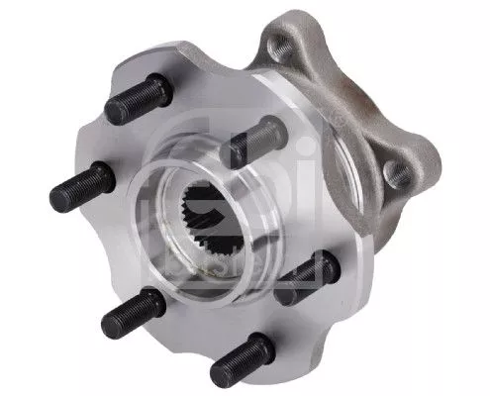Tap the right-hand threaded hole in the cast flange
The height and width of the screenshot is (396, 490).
click(402, 177)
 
